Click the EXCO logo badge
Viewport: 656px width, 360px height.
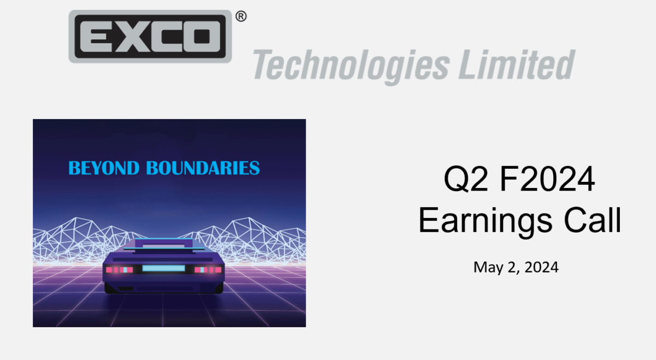pyautogui.click(x=150, y=36)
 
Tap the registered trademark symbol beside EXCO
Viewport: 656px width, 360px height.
pyautogui.click(x=241, y=16)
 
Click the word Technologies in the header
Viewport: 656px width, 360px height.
pyautogui.click(x=350, y=65)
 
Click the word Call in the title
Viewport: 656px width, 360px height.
pyautogui.click(x=593, y=221)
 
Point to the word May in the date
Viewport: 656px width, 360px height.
pyautogui.click(x=487, y=268)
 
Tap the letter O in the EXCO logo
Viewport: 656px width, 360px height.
pyautogui.click(x=202, y=36)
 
